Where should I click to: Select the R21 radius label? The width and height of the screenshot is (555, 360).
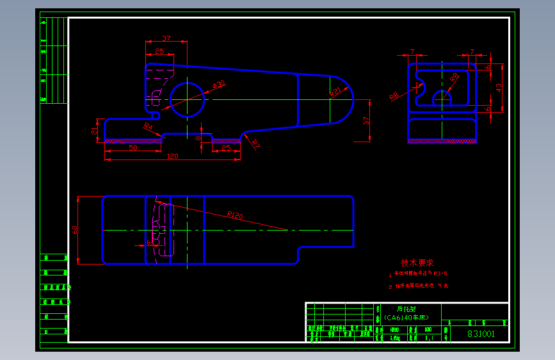click(334, 93)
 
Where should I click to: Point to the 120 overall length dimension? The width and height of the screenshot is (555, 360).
click(172, 156)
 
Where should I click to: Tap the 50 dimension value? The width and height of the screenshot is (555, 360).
click(133, 148)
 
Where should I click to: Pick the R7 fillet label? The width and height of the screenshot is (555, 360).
click(255, 143)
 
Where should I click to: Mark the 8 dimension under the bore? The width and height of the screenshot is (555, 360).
click(198, 137)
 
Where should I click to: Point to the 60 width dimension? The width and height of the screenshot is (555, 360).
click(75, 229)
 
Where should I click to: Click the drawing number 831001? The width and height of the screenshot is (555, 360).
click(480, 334)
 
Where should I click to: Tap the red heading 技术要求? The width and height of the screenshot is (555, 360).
click(417, 263)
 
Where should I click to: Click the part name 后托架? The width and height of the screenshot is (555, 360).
click(406, 308)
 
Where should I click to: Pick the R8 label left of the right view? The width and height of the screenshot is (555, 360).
click(394, 96)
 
